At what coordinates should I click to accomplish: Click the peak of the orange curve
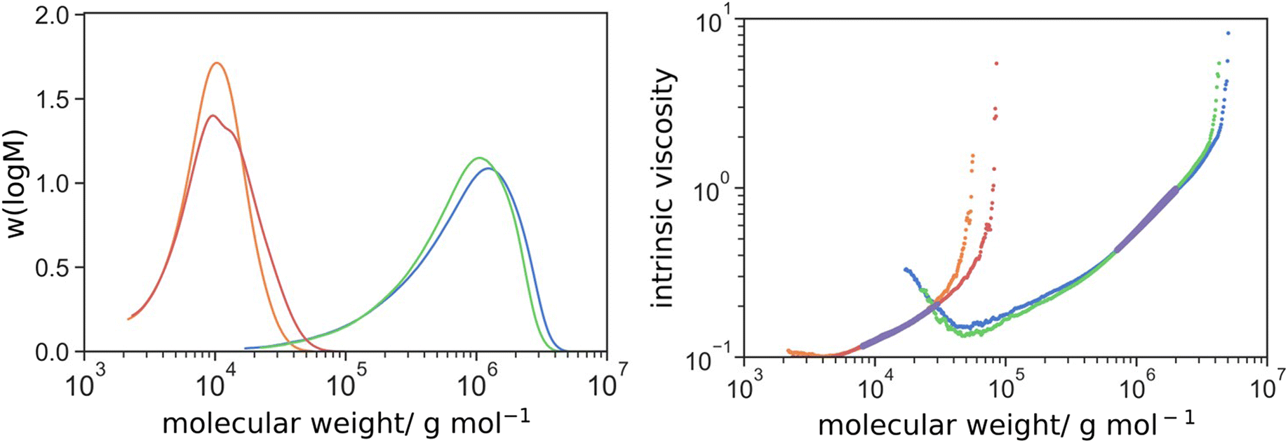coord(217,63)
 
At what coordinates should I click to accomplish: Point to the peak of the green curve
coord(479,158)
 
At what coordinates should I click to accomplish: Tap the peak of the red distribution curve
coord(212,116)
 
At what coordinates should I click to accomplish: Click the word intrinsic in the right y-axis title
coord(664,260)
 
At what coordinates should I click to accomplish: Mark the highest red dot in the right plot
coord(996,63)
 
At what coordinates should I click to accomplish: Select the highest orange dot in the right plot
coord(972,156)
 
